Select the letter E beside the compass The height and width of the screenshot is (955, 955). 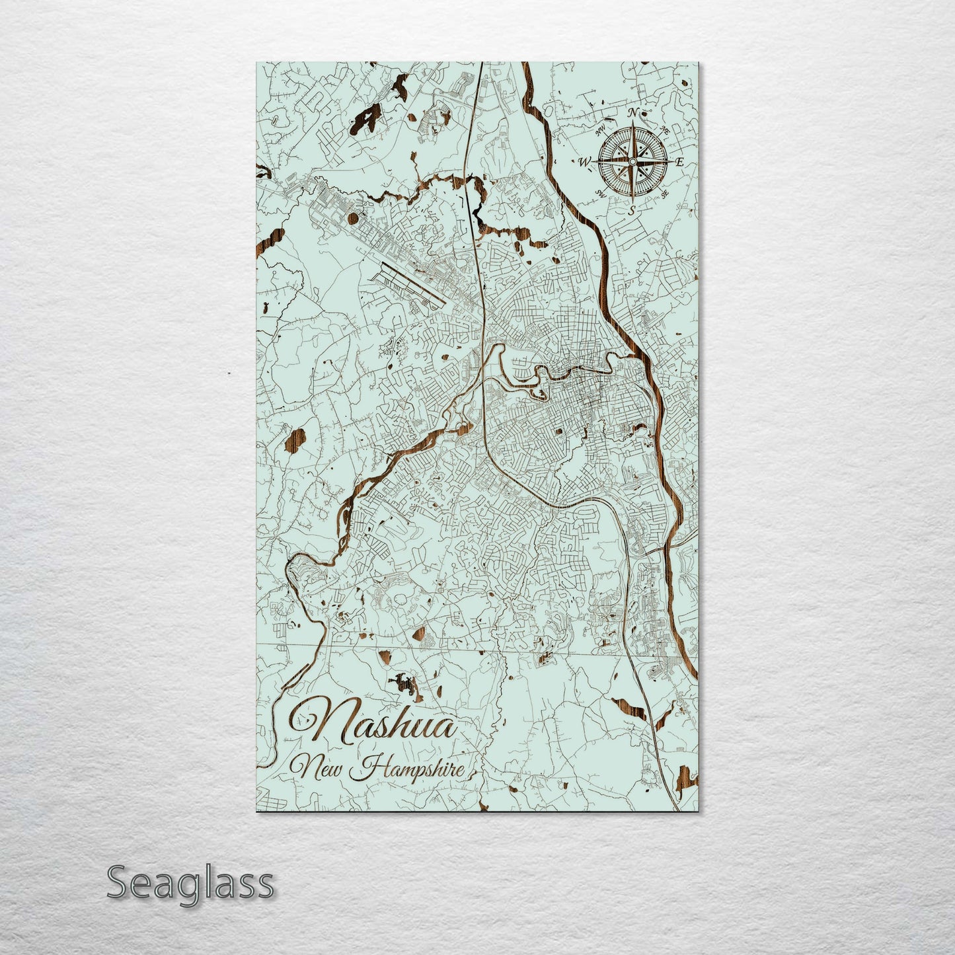(679, 163)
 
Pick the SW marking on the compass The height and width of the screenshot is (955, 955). (601, 193)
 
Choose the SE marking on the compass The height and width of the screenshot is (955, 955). (664, 194)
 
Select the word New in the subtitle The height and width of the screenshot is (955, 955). (324, 768)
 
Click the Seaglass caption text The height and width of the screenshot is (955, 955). (190, 882)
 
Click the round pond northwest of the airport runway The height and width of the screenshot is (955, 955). (353, 217)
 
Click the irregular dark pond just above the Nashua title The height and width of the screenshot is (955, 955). (406, 685)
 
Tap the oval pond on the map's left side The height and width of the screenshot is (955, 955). (289, 440)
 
